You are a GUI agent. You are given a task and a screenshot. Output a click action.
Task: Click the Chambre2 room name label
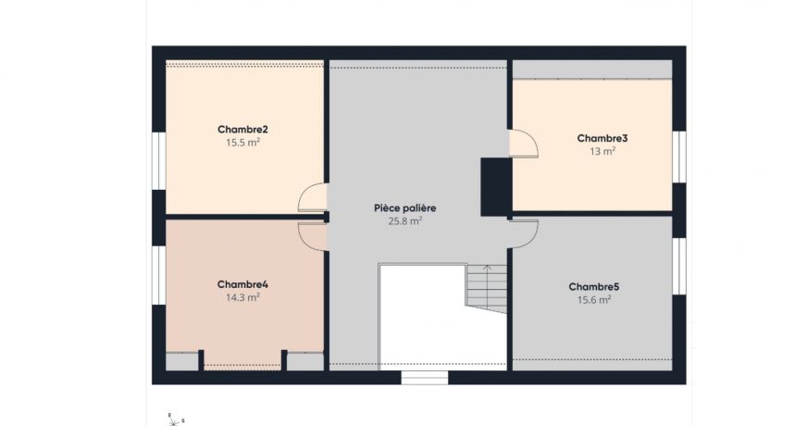(242, 129)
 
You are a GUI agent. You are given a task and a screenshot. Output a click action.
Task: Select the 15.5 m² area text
(242, 143)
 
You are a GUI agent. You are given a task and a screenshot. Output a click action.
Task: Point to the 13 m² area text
(602, 151)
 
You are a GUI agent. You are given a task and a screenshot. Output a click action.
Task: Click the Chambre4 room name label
(242, 283)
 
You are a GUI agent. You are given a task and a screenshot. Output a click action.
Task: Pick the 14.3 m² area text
(242, 297)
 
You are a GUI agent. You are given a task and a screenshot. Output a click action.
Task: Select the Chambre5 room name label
(593, 286)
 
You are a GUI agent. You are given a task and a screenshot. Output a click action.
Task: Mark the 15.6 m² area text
(593, 299)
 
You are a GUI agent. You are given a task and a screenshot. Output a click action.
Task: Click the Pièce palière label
(404, 208)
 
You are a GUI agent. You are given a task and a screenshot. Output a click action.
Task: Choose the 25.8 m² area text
(404, 221)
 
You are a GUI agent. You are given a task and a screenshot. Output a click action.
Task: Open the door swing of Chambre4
(312, 236)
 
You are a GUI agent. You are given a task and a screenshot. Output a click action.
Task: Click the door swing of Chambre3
(523, 144)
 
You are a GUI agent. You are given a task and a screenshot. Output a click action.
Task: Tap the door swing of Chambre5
(524, 233)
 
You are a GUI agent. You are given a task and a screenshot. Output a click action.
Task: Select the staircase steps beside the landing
(487, 288)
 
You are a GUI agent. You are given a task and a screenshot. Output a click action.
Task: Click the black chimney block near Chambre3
(496, 186)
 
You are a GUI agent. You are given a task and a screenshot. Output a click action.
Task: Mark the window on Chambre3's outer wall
(679, 157)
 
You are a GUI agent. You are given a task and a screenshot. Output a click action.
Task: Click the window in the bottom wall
(425, 377)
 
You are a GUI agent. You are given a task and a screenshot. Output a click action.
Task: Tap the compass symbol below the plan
(172, 419)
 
